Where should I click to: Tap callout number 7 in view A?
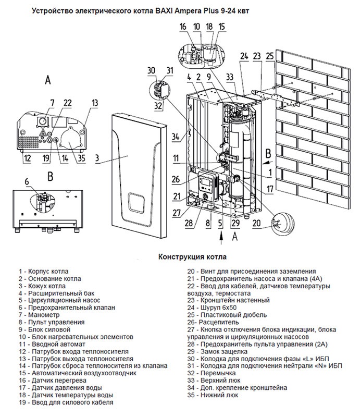coord(52,101)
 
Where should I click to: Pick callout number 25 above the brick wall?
coord(269,56)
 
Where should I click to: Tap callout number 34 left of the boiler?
coord(176,137)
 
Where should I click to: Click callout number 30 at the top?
coord(151,70)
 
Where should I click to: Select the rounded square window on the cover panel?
coord(137,202)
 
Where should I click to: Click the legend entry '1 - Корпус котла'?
coord(42,272)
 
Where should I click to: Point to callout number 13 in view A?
coord(94,103)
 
